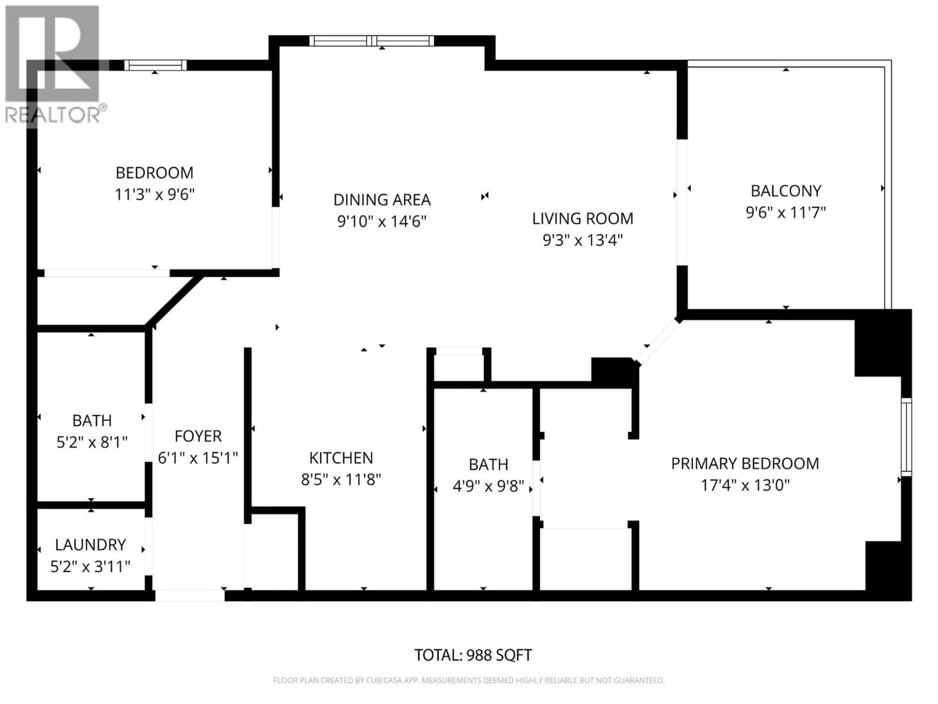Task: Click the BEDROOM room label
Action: [154, 173]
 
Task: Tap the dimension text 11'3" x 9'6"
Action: [154, 195]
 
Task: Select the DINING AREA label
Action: [382, 199]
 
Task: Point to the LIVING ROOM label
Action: [582, 219]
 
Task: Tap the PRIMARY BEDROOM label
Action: [745, 463]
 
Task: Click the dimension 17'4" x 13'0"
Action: [745, 485]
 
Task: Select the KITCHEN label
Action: [341, 458]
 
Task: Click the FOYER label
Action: [198, 436]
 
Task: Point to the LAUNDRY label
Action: [90, 544]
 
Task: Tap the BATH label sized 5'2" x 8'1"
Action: [92, 420]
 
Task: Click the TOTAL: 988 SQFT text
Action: [473, 655]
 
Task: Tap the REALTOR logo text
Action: [53, 115]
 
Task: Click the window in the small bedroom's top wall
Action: [155, 65]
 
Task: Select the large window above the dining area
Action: [372, 41]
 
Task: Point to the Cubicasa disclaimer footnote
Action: [469, 680]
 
